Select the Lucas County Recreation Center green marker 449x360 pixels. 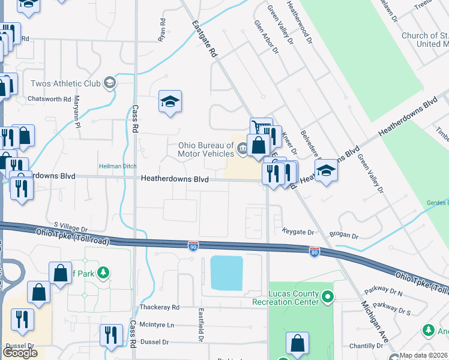(327, 296)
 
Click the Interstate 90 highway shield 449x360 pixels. (192, 245)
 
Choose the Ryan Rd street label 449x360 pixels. (161, 30)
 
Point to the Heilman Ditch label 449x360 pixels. (117, 166)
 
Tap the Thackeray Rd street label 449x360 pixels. (159, 307)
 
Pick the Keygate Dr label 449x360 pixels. (298, 232)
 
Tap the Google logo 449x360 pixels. (20, 353)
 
